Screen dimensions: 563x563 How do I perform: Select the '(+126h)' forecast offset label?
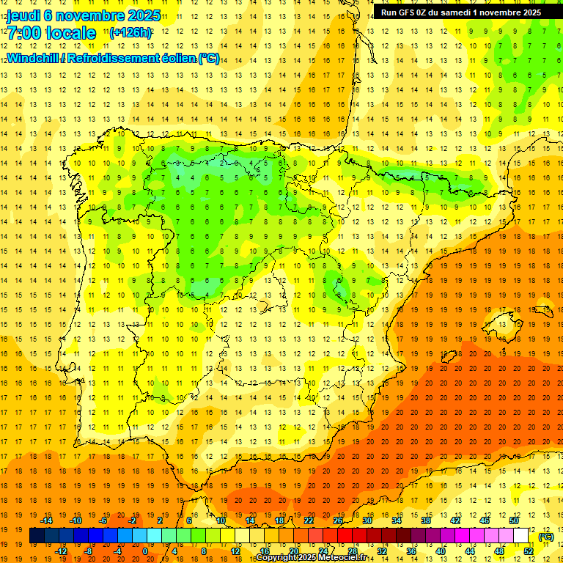130,33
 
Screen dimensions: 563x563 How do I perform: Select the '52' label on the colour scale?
529,551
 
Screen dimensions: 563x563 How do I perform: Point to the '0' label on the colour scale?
145,551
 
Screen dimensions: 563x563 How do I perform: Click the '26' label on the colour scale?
338,520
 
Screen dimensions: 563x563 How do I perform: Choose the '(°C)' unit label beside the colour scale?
546,537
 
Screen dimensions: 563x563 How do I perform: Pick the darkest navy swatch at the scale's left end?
36,537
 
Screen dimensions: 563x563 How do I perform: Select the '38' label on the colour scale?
425,520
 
